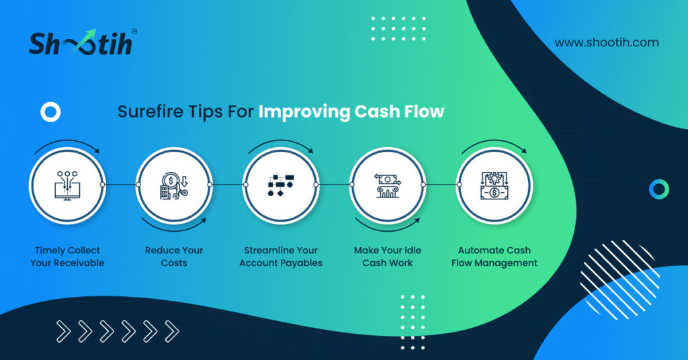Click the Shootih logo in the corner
[x=81, y=43]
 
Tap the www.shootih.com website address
[x=607, y=42]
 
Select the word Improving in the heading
[x=304, y=111]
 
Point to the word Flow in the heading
[x=425, y=111]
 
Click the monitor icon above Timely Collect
[x=67, y=186]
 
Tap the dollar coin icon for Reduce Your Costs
[x=174, y=186]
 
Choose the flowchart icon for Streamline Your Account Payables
[x=281, y=185]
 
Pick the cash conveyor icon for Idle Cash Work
[x=388, y=185]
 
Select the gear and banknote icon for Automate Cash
[x=494, y=186]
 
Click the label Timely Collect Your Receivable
[x=67, y=257]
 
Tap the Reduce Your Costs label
[x=174, y=257]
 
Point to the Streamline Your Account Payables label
[x=281, y=257]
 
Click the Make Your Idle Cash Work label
[x=388, y=257]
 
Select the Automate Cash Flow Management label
[x=494, y=257]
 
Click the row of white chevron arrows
[x=118, y=331]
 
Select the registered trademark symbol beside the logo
[x=134, y=32]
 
